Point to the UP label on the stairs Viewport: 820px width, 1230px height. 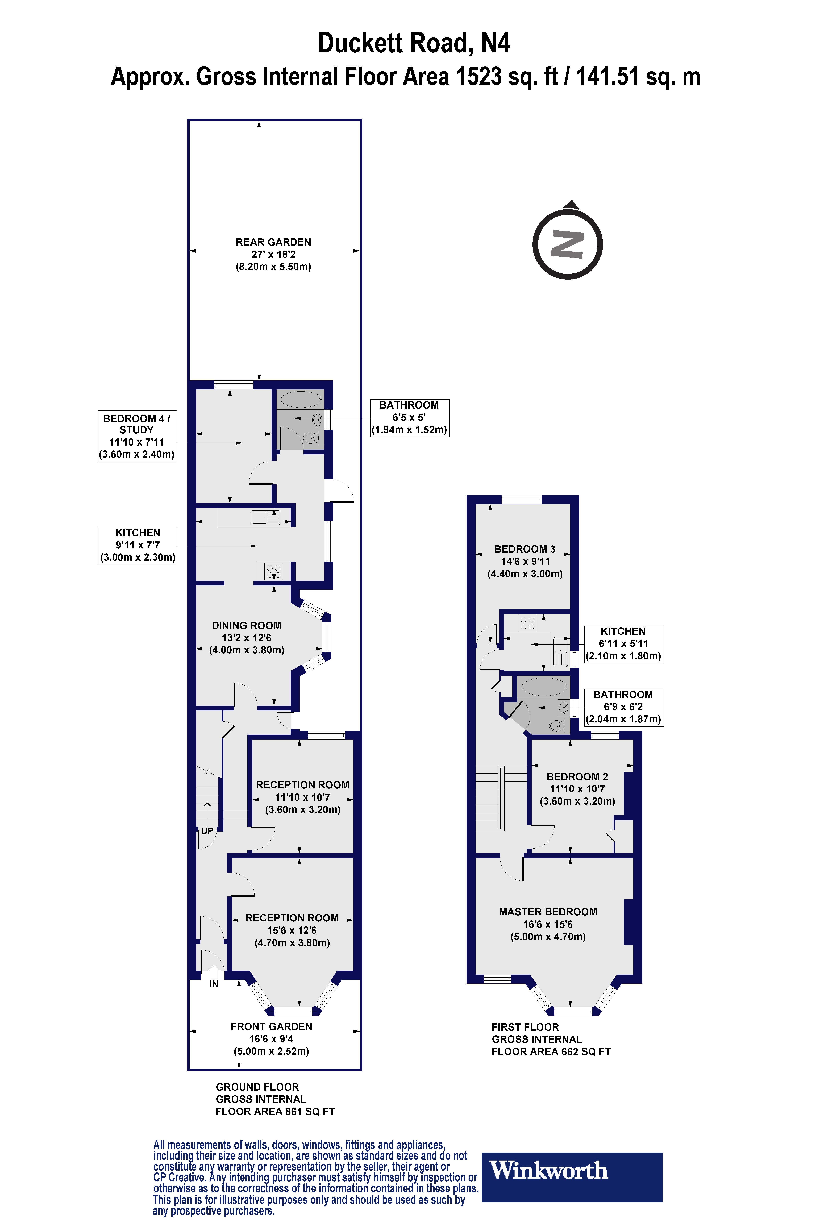pos(207,830)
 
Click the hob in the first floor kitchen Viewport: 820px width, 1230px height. pos(527,622)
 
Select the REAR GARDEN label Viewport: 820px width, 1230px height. pos(273,242)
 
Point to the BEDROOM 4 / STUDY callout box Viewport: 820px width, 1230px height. pos(136,436)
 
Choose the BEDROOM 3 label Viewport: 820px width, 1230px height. pos(525,549)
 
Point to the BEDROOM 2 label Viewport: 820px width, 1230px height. pos(577,777)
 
